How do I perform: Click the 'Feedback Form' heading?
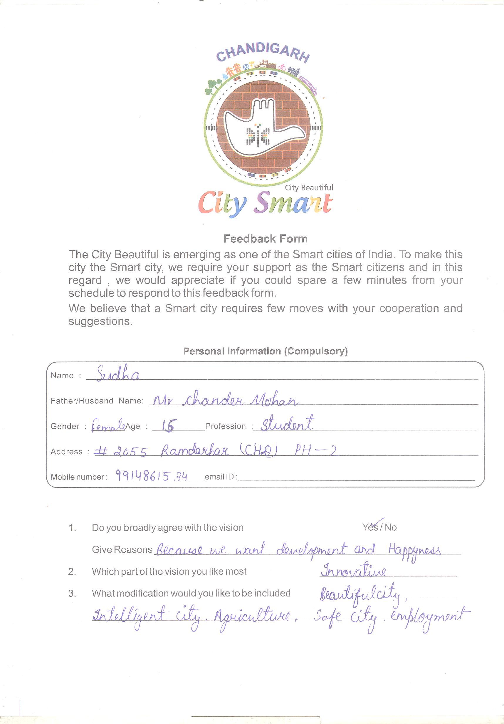(266, 239)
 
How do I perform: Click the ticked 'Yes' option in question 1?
(370, 527)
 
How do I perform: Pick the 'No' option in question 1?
(391, 527)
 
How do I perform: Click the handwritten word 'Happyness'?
(414, 551)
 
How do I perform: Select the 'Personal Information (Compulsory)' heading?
(266, 351)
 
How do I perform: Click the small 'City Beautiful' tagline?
(309, 188)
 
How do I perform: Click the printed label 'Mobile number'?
(77, 477)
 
